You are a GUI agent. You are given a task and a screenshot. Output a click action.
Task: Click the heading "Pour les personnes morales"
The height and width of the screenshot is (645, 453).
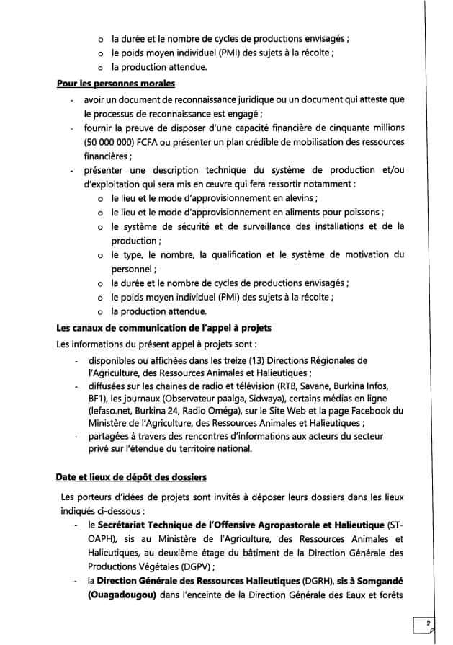[107, 84]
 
